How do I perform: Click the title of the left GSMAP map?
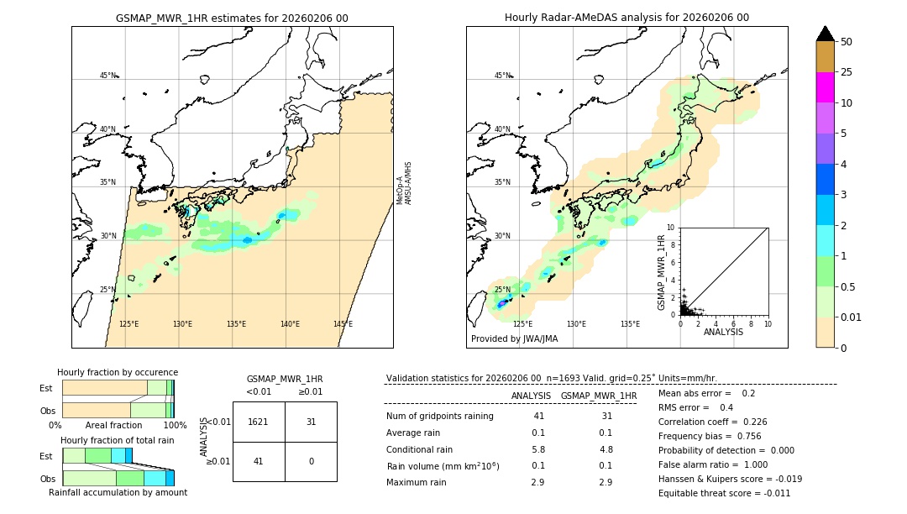[232, 18]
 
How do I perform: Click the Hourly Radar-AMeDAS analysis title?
[627, 18]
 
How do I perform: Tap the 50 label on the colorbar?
[847, 42]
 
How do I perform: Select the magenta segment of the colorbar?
[825, 87]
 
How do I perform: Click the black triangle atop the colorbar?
[825, 34]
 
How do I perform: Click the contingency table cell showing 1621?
[259, 422]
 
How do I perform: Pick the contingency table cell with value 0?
[311, 461]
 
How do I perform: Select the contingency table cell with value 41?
[259, 461]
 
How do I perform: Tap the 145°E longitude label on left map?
[343, 324]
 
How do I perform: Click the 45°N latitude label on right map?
[502, 76]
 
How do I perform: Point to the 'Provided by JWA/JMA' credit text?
[514, 338]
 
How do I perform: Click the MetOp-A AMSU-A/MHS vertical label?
[404, 183]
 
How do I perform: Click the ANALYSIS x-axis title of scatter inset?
[723, 332]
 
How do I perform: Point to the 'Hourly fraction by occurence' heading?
[118, 372]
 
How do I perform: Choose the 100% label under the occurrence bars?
[174, 426]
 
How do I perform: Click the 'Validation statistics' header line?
[551, 378]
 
